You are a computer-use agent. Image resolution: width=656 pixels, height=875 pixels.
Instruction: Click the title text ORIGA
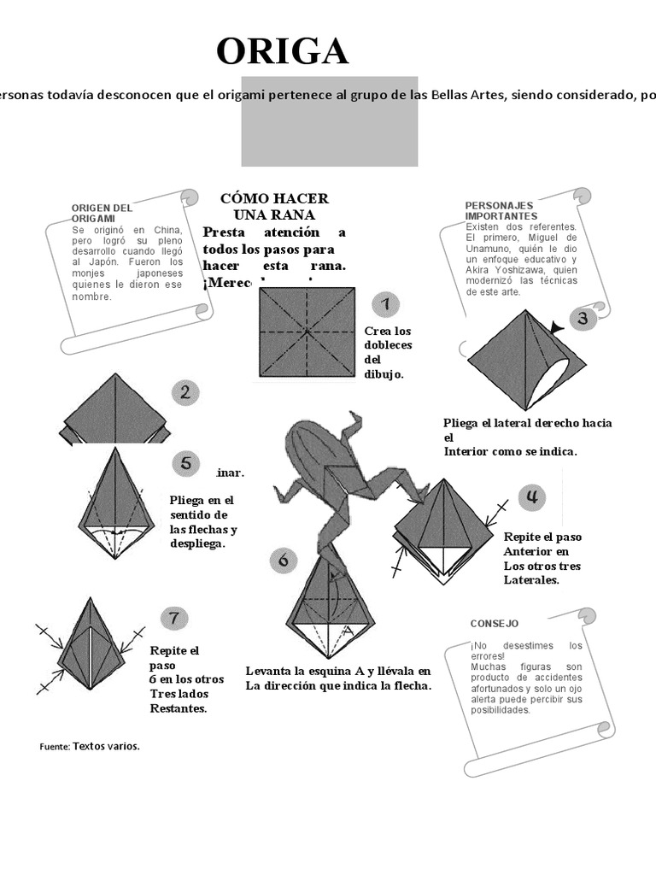pos(282,52)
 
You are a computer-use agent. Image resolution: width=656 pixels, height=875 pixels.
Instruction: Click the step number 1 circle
pos(386,304)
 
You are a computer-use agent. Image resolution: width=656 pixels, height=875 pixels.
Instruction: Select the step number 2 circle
pos(185,393)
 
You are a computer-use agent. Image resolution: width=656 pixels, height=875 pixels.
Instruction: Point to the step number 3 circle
pos(583,320)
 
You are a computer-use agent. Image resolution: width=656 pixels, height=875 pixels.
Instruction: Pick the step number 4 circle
pos(532,496)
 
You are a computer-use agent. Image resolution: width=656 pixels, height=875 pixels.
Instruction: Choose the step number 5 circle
pos(185,464)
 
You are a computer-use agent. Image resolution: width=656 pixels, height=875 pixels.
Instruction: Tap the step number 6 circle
pos(284,561)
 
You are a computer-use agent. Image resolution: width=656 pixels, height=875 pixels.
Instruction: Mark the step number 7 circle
pos(174,618)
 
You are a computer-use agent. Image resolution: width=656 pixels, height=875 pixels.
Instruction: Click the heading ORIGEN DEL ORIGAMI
pos(102,213)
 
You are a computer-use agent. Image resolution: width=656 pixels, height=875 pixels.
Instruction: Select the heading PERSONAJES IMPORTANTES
pos(501,211)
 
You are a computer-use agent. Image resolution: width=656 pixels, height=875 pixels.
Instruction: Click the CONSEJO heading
pos(494,624)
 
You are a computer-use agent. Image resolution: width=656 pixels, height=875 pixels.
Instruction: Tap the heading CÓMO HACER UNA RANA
pos(274,207)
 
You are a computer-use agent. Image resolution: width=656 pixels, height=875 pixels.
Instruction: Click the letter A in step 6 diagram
pos(347,631)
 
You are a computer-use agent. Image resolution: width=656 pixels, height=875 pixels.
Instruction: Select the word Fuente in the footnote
pos(54,747)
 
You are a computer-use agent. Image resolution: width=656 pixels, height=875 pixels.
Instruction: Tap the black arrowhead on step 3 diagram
pos(558,327)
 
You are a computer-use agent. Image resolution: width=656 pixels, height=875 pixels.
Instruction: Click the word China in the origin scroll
pos(167,230)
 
